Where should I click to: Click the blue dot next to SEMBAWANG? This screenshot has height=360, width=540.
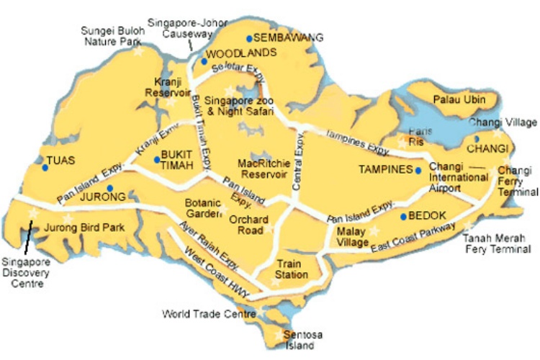[248, 38]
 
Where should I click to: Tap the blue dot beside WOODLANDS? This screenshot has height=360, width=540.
[204, 61]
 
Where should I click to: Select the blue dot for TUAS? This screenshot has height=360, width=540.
[45, 168]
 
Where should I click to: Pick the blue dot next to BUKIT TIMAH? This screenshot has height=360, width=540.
[157, 159]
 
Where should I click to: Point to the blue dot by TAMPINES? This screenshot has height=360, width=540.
[418, 171]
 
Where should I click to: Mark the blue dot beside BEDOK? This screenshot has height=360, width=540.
[402, 216]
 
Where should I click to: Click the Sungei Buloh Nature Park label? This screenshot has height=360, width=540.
[112, 37]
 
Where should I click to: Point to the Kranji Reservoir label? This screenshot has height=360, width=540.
[166, 87]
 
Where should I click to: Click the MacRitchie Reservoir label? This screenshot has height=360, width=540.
[263, 168]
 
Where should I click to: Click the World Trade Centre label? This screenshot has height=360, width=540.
[209, 315]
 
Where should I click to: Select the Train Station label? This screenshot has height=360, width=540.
[292, 269]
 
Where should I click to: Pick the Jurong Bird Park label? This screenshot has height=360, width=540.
[84, 228]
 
